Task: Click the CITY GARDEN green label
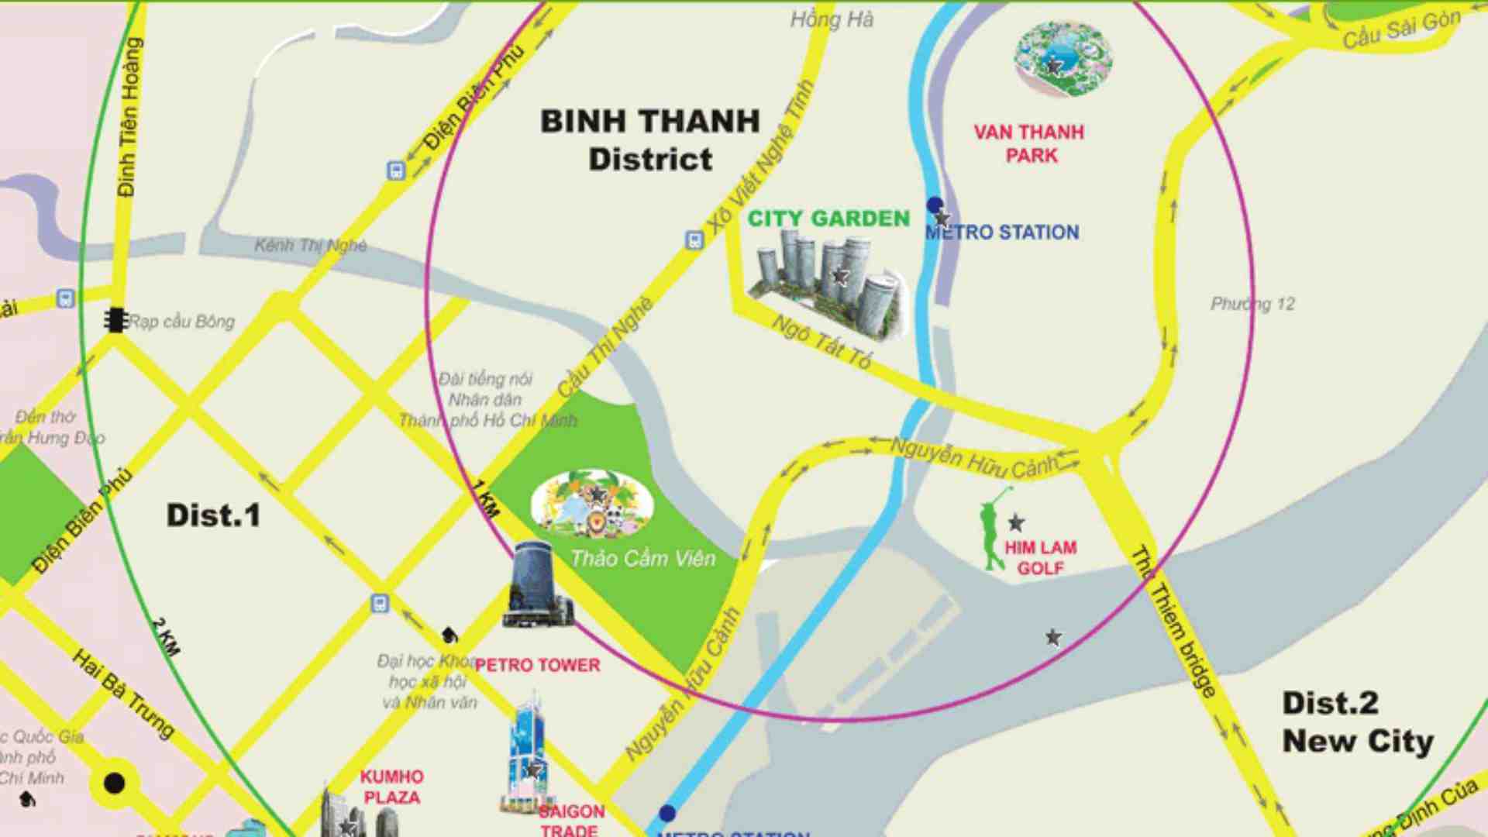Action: click(828, 219)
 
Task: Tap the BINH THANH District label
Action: click(650, 140)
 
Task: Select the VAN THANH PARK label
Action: click(1029, 144)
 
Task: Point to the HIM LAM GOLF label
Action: click(1040, 558)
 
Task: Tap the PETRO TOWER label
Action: click(537, 665)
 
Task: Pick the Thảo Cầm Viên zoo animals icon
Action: click(592, 505)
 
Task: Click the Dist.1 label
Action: click(213, 516)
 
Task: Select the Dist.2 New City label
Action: click(1356, 722)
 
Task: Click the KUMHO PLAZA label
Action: click(391, 787)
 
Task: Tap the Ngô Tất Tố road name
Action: click(821, 342)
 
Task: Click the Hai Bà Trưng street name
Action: click(124, 694)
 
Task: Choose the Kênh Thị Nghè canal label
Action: click(311, 246)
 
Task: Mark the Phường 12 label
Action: click(1252, 304)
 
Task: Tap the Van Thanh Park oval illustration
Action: click(1063, 58)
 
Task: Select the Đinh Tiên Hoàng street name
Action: click(129, 116)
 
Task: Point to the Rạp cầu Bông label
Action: click(181, 321)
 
